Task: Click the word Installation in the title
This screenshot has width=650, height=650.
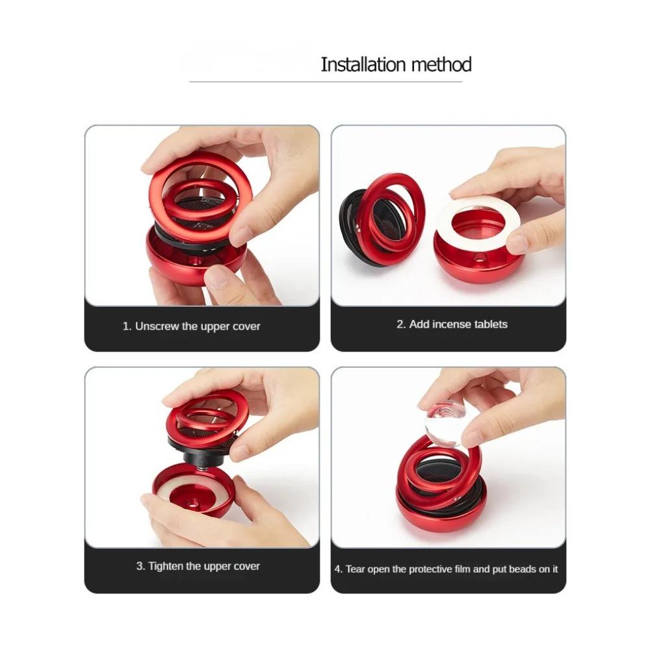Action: coord(363,64)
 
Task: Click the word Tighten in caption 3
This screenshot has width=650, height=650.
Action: coord(166,566)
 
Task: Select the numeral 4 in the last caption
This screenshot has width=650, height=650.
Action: coord(338,569)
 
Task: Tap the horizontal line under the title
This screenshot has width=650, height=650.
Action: coord(326,82)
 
